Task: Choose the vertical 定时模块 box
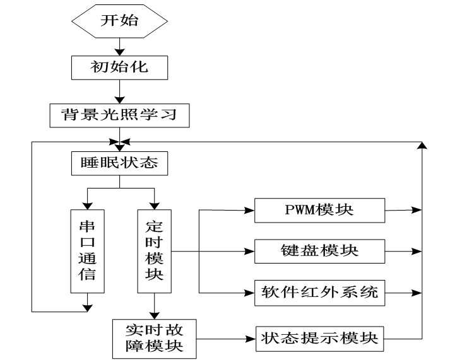coord(155,252)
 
